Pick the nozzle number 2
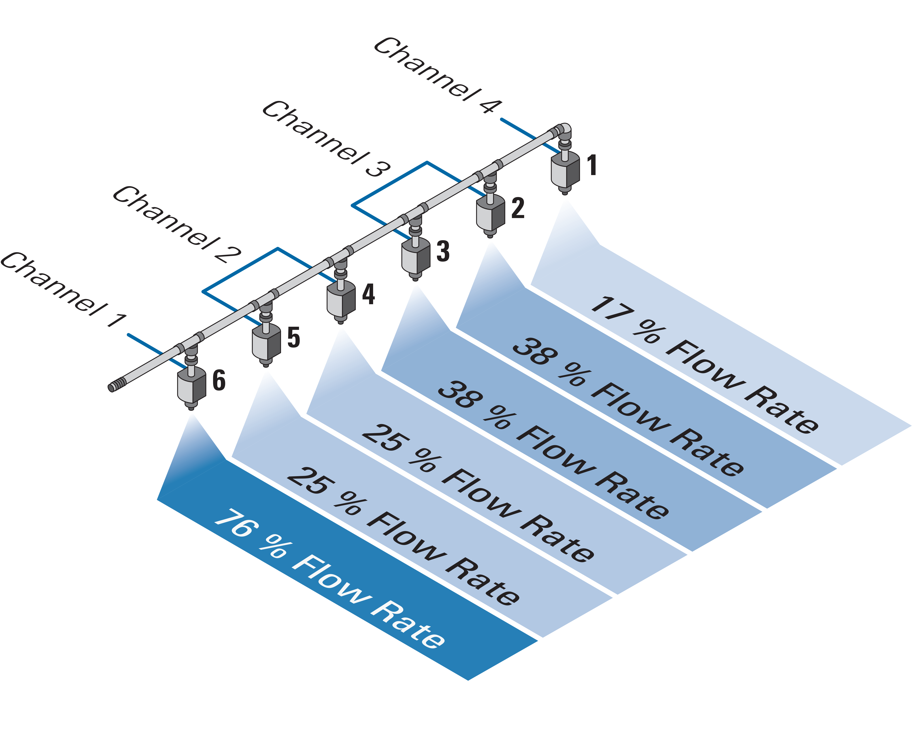[x=518, y=208]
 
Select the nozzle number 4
[x=368, y=294]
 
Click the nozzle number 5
[x=294, y=337]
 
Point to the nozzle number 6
[x=219, y=380]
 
